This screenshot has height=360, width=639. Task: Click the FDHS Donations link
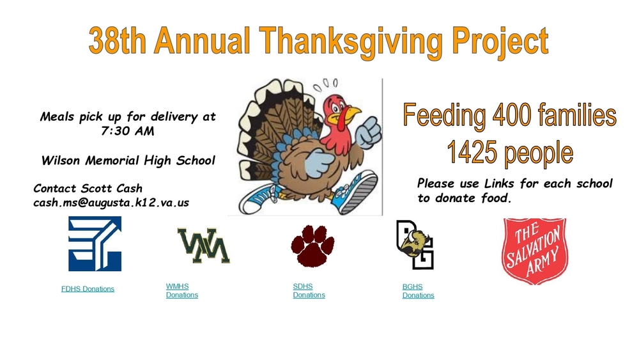88,289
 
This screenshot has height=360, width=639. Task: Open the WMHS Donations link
181,291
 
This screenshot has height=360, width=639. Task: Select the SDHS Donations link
309,291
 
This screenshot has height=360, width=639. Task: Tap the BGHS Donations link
418,292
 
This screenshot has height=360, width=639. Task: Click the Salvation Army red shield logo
534,250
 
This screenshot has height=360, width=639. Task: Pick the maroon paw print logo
312,246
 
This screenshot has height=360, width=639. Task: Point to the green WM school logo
204,246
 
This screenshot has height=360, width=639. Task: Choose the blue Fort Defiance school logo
95,244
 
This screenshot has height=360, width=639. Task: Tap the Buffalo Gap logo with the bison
415,244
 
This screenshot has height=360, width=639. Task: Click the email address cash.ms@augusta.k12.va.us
111,202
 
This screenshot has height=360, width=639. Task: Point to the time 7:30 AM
128,131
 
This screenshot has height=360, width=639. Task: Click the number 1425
472,153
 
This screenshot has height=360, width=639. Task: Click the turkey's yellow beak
351,116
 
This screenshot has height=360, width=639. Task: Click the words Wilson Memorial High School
128,160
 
